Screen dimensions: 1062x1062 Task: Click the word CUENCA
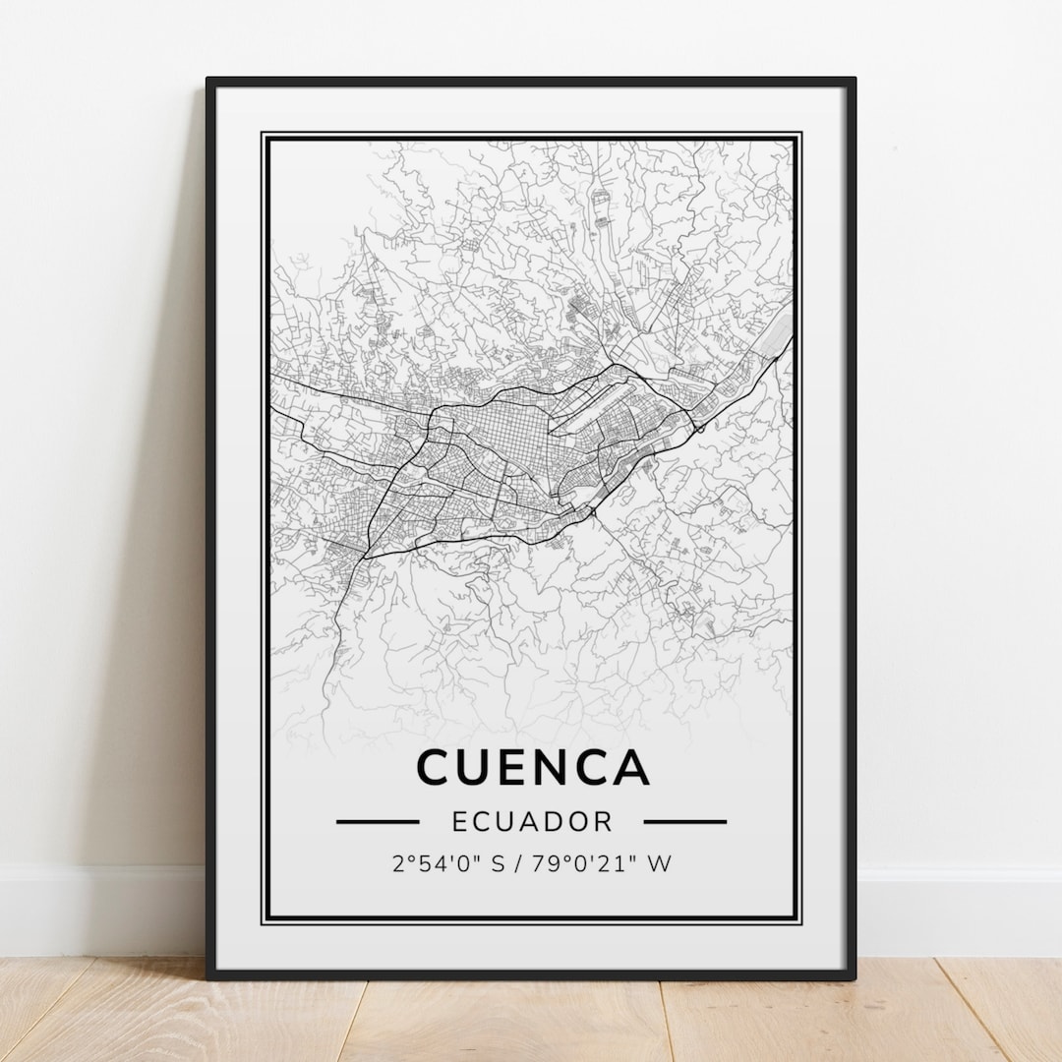click(532, 767)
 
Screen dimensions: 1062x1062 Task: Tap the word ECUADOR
click(531, 821)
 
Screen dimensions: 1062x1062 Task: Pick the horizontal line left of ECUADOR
click(378, 821)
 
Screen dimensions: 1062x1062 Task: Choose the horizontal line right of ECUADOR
click(685, 821)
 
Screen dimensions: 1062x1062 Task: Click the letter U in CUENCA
click(479, 767)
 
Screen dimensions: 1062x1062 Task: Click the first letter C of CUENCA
click(436, 767)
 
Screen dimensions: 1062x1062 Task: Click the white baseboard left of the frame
click(98, 910)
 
